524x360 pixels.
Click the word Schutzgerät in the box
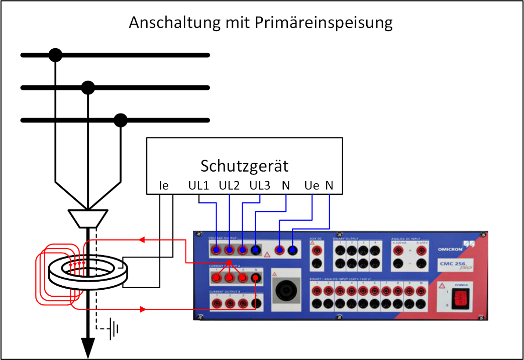tap(245, 166)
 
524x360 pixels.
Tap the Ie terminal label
tap(163, 186)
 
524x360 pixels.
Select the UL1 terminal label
tap(198, 186)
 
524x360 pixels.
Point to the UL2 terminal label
tap(230, 186)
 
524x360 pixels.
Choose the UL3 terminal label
tap(260, 186)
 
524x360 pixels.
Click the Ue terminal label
tap(311, 186)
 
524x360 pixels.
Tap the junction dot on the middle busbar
tap(88, 88)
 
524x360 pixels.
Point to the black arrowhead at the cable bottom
tap(88, 346)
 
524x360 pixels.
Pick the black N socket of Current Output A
tap(257, 277)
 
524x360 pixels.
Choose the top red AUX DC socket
tap(317, 248)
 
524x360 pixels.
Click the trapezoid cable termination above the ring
tap(88, 218)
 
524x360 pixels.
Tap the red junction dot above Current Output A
tap(229, 263)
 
